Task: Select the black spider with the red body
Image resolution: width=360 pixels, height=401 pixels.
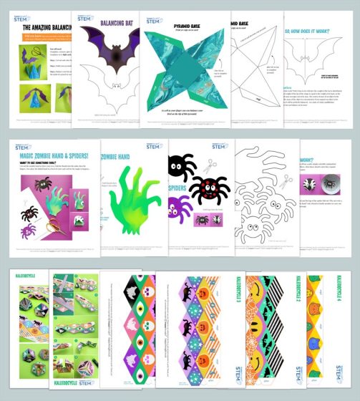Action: pyautogui.click(x=210, y=190)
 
